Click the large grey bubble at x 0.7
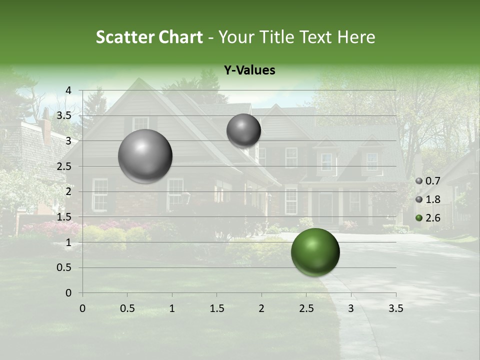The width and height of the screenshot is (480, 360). [x=145, y=156]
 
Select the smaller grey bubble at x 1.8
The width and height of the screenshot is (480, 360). [x=243, y=130]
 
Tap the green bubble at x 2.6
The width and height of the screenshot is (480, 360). [x=315, y=252]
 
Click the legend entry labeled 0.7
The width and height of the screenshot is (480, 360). [x=428, y=180]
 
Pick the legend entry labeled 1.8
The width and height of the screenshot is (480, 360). [x=428, y=199]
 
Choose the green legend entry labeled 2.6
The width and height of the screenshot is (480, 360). [x=428, y=217]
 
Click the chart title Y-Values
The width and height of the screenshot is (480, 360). [x=249, y=70]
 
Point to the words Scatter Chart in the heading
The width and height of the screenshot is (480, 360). [x=149, y=37]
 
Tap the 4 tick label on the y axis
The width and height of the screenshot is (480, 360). [x=68, y=90]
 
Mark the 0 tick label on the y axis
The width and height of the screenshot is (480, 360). [x=68, y=293]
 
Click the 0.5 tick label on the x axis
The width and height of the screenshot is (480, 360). [x=127, y=308]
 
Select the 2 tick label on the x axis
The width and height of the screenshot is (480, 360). [x=261, y=308]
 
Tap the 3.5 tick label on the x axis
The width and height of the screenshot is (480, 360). [x=395, y=308]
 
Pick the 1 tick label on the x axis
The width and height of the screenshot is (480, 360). [x=172, y=308]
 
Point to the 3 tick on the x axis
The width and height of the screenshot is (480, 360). [x=350, y=308]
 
